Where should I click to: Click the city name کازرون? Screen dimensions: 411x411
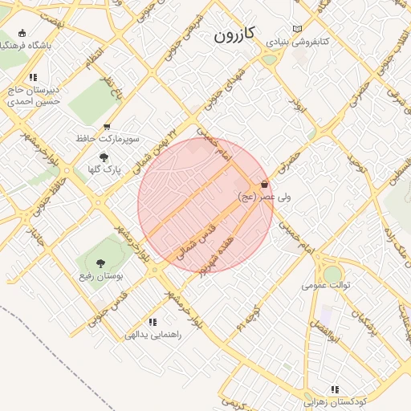pos(234,35)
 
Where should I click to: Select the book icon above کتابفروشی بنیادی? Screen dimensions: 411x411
pos(298,27)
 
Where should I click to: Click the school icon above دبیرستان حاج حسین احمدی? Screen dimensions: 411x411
pos(32,78)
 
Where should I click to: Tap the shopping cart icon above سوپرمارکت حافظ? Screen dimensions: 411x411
pos(108,127)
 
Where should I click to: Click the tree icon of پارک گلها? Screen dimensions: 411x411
pos(104,157)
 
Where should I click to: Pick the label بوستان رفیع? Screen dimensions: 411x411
pos(100,276)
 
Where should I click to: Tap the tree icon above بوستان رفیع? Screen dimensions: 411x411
pos(100,263)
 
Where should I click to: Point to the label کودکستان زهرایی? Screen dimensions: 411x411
pos(335,401)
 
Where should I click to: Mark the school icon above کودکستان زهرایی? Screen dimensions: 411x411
pos(334,389)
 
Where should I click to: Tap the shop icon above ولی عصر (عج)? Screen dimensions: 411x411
pos(264,185)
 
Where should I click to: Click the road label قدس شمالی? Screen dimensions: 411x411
pos(197,239)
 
